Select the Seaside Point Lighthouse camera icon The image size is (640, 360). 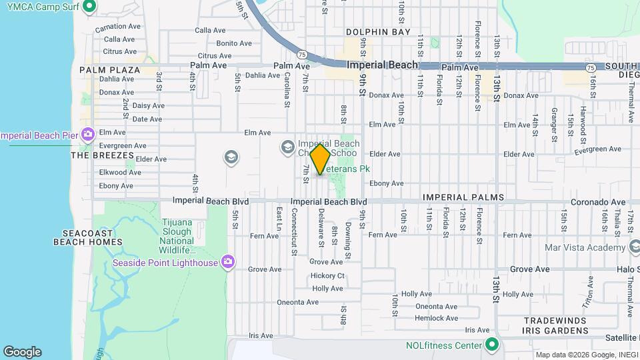(228, 262)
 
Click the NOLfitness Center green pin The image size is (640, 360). (492, 345)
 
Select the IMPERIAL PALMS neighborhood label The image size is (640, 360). (463, 198)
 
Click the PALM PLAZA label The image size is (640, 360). (110, 70)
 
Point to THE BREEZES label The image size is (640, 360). (103, 155)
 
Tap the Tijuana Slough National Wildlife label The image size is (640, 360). (177, 237)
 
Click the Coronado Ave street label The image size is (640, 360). (598, 202)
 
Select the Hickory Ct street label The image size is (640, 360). (327, 276)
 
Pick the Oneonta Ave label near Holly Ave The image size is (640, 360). (436, 307)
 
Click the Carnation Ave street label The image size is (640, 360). (117, 27)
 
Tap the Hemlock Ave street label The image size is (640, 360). (436, 318)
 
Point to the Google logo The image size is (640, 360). (22, 352)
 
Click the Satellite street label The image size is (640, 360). (621, 338)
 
